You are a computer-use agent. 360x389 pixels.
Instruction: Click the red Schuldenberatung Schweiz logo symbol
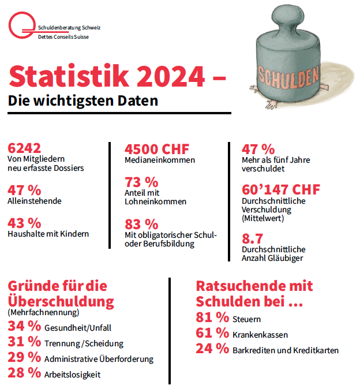(21, 27)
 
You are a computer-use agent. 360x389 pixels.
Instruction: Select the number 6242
(24, 148)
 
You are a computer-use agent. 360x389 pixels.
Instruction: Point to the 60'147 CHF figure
(280, 189)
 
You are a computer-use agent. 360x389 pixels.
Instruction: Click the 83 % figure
(141, 223)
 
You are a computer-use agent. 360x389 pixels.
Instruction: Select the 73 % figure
(141, 182)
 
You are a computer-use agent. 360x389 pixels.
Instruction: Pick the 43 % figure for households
(24, 222)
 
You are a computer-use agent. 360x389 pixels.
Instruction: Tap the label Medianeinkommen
(160, 160)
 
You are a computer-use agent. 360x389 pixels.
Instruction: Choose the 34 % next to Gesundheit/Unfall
(24, 326)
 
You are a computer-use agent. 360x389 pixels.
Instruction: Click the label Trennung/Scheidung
(84, 343)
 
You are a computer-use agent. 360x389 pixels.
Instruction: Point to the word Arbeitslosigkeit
(72, 375)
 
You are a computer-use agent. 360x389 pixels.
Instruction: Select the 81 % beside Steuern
(212, 317)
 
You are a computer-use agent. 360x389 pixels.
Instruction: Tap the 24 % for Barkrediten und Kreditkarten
(212, 349)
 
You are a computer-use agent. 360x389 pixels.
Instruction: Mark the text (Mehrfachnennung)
(43, 312)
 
